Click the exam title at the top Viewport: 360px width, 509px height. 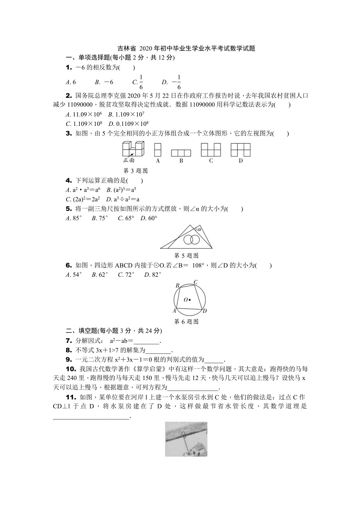click(x=186, y=49)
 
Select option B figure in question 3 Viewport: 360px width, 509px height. click(x=181, y=153)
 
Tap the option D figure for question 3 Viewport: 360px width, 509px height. click(x=241, y=150)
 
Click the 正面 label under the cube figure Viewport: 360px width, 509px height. click(x=129, y=160)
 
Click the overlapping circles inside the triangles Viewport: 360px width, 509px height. click(x=191, y=239)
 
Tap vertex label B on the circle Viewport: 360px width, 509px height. click(x=177, y=286)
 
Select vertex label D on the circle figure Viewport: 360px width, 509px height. click(x=205, y=311)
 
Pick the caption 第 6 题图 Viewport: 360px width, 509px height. click(x=186, y=322)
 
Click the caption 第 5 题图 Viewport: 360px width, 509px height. click(x=186, y=256)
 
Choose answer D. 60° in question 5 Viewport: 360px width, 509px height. click(x=149, y=218)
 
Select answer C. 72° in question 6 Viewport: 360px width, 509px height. click(x=126, y=275)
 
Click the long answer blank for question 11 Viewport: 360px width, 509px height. click(x=91, y=417)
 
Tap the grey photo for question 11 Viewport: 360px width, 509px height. click(x=186, y=439)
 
